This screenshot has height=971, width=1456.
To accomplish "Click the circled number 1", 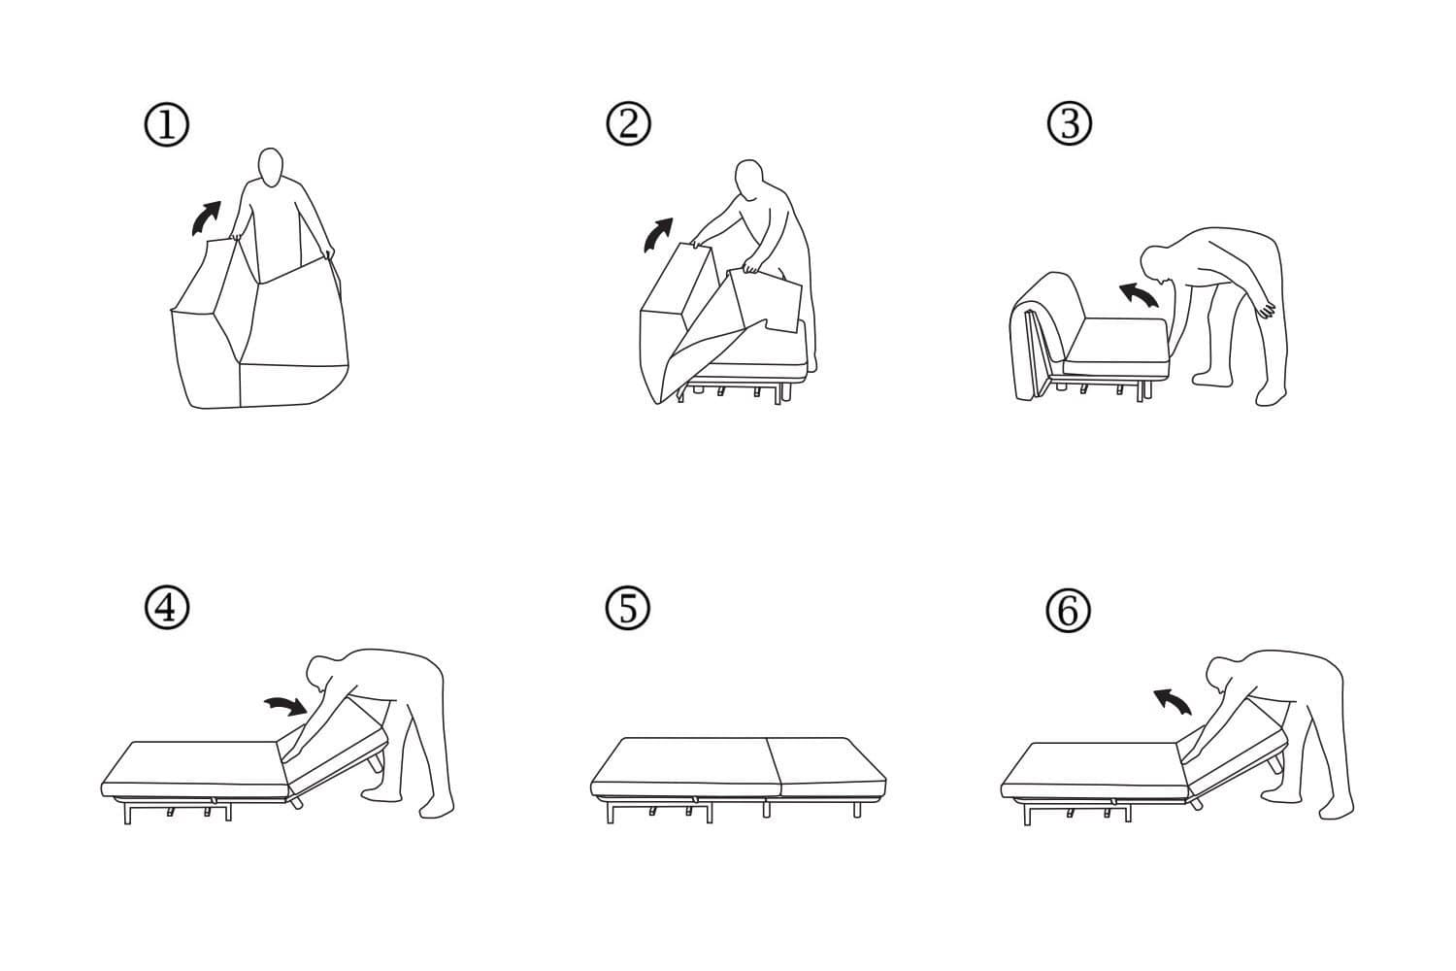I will click(x=167, y=126).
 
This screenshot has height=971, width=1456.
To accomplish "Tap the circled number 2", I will click(x=628, y=124).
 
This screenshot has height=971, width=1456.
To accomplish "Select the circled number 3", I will click(x=1070, y=124).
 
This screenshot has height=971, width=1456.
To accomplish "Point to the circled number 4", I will click(x=166, y=609).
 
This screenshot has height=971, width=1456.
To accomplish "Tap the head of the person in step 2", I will click(x=748, y=179).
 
